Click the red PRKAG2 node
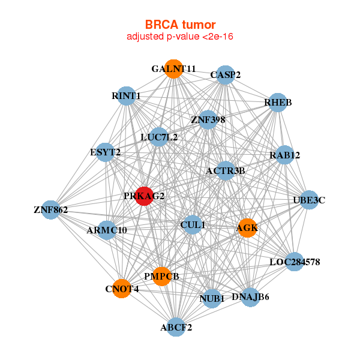pyautogui.click(x=143, y=196)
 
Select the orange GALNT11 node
pyautogui.click(x=173, y=68)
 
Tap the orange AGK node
pyautogui.click(x=247, y=228)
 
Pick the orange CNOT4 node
pyautogui.click(x=122, y=289)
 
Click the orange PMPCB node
pyautogui.click(x=161, y=276)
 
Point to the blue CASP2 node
pyautogui.click(x=225, y=75)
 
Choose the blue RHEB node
pyautogui.click(x=277, y=103)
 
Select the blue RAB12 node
pyautogui.click(x=284, y=155)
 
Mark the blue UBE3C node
pyautogui.click(x=308, y=200)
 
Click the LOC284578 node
pyautogui.click(x=294, y=262)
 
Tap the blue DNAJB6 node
pyautogui.click(x=251, y=296)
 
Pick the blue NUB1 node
pyautogui.click(x=211, y=298)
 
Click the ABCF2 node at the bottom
pyautogui.click(x=176, y=327)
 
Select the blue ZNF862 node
pyautogui.click(x=51, y=210)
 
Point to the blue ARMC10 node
pyautogui.click(x=107, y=230)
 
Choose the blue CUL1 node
pyautogui.click(x=193, y=225)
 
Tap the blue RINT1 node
pyautogui.click(x=126, y=96)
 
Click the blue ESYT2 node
pyautogui.click(x=106, y=152)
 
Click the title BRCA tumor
pyautogui.click(x=180, y=25)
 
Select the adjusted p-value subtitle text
pyautogui.click(x=180, y=37)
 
